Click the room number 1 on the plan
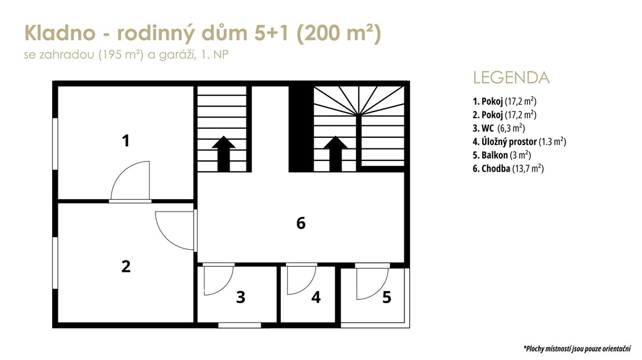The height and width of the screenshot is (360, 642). [125, 141]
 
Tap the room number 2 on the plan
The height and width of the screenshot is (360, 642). [125, 266]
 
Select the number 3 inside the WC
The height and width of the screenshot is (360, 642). [241, 297]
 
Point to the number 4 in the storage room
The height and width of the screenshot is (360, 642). [316, 297]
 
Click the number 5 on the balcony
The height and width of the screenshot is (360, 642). [386, 297]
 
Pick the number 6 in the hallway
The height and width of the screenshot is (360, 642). [301, 224]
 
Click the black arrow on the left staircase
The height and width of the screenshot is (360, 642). [224, 153]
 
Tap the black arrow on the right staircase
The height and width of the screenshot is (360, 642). [336, 153]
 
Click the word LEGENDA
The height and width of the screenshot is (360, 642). [511, 78]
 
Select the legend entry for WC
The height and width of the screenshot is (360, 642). [498, 128]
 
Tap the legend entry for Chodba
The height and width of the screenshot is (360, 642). [508, 168]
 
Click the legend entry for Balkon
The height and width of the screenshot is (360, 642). [502, 155]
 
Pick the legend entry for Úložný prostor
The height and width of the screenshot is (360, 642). [519, 141]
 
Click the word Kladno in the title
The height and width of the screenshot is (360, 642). [60, 33]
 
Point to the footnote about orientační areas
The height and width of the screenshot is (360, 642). [577, 349]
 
